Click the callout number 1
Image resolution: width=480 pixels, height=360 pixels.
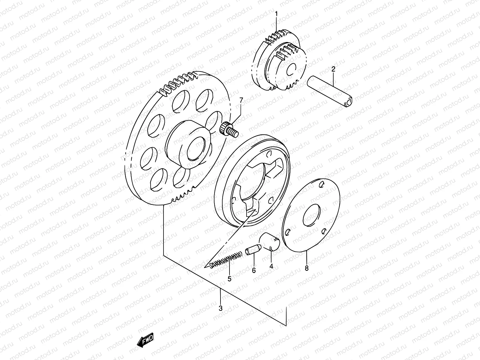pos(276,14)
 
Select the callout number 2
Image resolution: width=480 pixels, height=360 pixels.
pos(333,70)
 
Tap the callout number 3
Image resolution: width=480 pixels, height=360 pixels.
pos(220,308)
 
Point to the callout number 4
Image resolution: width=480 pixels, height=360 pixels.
pos(271,266)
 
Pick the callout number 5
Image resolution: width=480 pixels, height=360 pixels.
pos(229,279)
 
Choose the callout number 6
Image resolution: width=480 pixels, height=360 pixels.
pos(254,270)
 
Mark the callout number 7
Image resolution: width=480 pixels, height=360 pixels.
pos(240,100)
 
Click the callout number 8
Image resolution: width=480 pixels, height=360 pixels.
pos(306,268)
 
